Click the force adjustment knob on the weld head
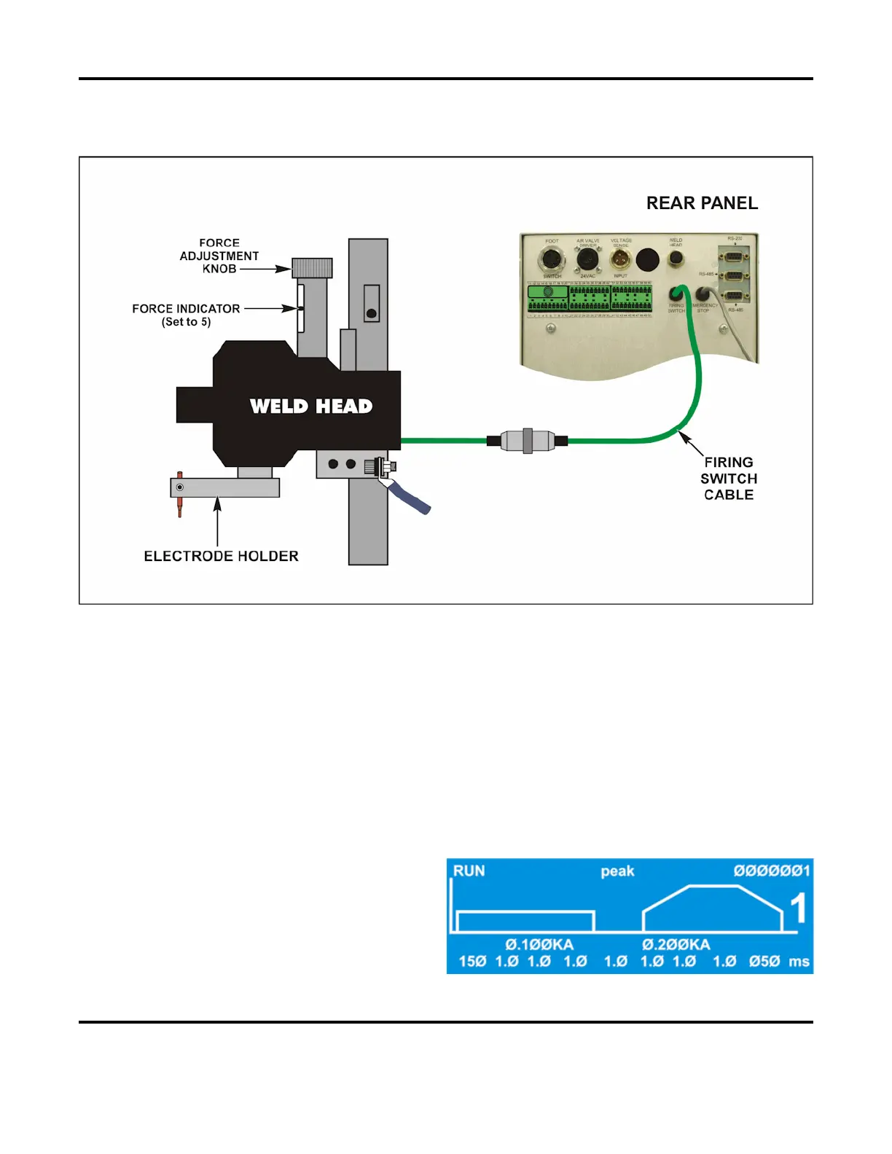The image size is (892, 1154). [312, 268]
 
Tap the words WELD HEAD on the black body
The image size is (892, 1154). [311, 406]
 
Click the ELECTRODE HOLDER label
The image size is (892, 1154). [221, 556]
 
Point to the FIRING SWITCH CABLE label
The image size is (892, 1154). [728, 479]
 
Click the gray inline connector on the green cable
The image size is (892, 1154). [528, 440]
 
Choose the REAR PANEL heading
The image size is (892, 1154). [702, 203]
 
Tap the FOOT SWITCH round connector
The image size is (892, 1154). [552, 259]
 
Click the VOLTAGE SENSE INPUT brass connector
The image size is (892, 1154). [620, 259]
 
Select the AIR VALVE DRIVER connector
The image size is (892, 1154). [587, 259]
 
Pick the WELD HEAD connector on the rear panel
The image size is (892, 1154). [676, 258]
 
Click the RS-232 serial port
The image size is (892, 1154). [734, 255]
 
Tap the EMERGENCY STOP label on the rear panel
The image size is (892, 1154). [704, 308]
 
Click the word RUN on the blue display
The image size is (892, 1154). [469, 871]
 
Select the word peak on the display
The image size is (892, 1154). [617, 871]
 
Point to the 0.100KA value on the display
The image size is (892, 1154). [539, 945]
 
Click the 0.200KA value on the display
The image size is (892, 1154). [676, 945]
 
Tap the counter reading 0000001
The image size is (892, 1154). [771, 871]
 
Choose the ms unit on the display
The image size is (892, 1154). [799, 962]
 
